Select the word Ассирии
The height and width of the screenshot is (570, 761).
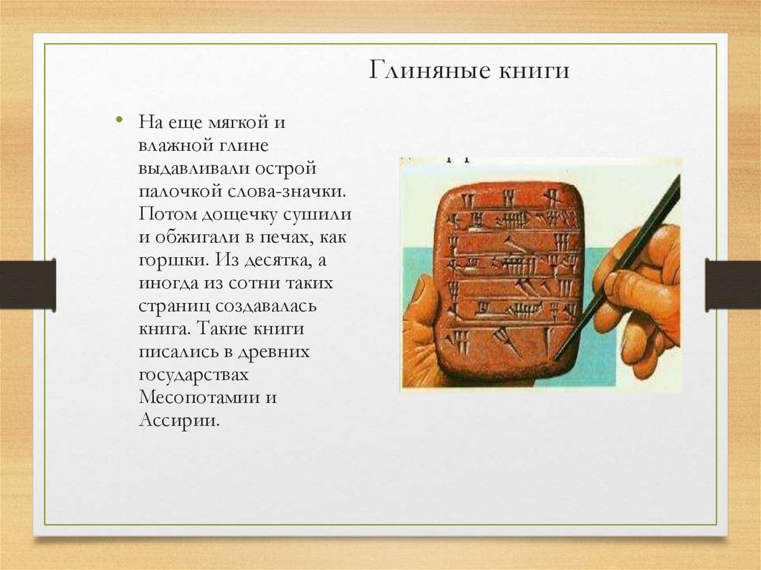tap(179, 420)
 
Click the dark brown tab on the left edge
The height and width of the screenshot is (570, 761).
tap(27, 285)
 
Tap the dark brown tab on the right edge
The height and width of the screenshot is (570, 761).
tap(733, 285)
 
